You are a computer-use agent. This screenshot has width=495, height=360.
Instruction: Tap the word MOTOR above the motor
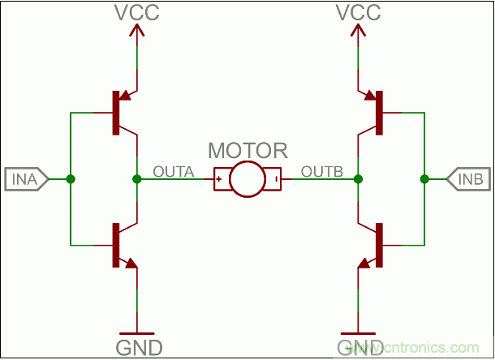247,151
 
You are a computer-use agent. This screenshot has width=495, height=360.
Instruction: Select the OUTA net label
173,171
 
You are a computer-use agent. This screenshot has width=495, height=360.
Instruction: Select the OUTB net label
322,171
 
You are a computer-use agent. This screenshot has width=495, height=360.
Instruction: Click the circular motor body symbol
247,178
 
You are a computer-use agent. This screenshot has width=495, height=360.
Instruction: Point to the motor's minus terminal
277,178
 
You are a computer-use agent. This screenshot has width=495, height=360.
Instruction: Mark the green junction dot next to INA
71,178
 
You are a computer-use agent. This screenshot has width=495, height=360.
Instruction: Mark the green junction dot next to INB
424,178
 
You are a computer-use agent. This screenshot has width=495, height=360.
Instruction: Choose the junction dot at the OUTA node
136,178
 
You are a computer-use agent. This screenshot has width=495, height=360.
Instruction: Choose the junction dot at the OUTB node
358,178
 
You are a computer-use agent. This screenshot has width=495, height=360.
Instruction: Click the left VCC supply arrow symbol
136,32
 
